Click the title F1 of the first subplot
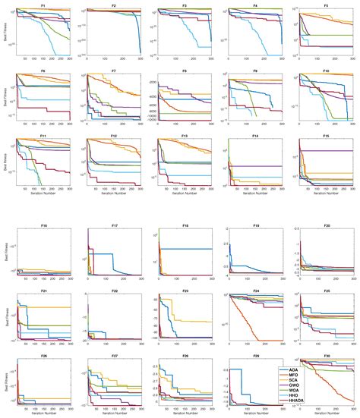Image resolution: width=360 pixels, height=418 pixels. (x=43, y=5)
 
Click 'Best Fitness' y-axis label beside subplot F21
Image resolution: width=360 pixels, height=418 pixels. (x=4, y=317)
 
